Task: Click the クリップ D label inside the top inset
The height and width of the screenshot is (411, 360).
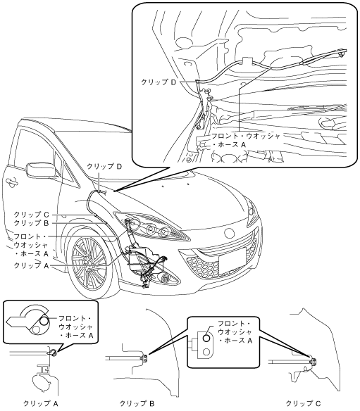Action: click(x=159, y=82)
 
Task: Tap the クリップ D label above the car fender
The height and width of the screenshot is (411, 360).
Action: click(x=104, y=166)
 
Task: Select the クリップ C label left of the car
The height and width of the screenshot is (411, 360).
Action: click(x=31, y=215)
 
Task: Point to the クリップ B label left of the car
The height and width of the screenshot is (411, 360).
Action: click(x=31, y=223)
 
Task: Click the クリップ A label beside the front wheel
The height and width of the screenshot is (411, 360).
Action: click(x=31, y=265)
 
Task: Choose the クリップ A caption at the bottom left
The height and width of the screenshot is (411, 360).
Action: click(x=41, y=403)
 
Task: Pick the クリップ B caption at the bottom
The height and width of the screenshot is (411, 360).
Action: click(x=137, y=403)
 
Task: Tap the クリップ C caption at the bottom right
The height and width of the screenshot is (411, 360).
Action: click(x=303, y=403)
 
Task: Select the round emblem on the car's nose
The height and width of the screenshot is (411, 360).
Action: click(x=229, y=232)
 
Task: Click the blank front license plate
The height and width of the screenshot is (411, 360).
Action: click(x=232, y=260)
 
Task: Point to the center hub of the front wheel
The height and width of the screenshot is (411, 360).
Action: click(x=89, y=270)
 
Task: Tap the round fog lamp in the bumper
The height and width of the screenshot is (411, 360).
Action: click(x=166, y=277)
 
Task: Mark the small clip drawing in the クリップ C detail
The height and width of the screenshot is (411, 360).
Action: click(x=313, y=362)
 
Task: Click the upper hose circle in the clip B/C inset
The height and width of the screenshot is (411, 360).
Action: click(x=206, y=338)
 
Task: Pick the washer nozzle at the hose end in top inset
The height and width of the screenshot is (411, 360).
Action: click(x=342, y=53)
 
